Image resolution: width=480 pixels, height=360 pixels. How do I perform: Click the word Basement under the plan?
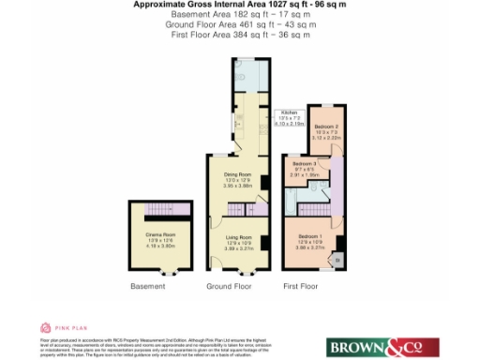(x=148, y=284)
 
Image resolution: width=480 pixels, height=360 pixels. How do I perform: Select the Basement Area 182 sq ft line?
(x=241, y=17)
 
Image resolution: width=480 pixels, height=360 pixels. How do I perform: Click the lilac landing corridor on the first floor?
(x=336, y=184)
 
